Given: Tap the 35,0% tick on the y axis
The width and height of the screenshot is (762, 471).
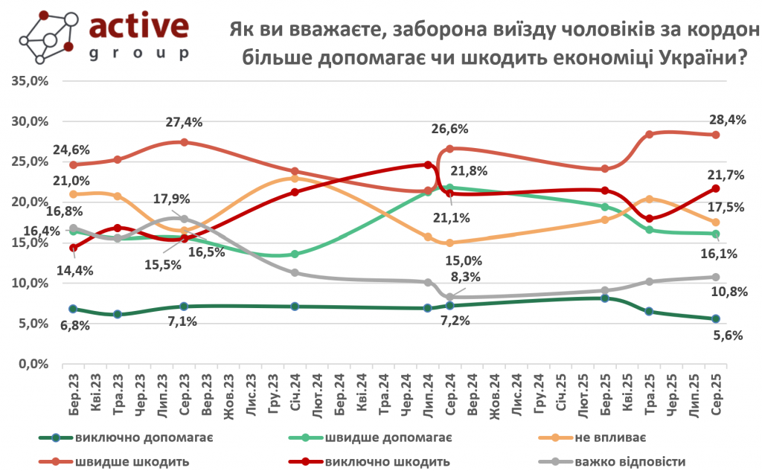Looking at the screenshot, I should click(x=31, y=81).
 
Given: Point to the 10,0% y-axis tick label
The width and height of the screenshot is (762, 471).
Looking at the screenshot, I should click(x=31, y=283).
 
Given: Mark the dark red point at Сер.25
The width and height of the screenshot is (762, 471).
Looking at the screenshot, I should click(x=716, y=188).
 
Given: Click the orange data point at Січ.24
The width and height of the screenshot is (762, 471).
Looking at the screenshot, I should click(x=295, y=179).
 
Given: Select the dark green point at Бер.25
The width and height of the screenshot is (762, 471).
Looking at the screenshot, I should click(x=605, y=298).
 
